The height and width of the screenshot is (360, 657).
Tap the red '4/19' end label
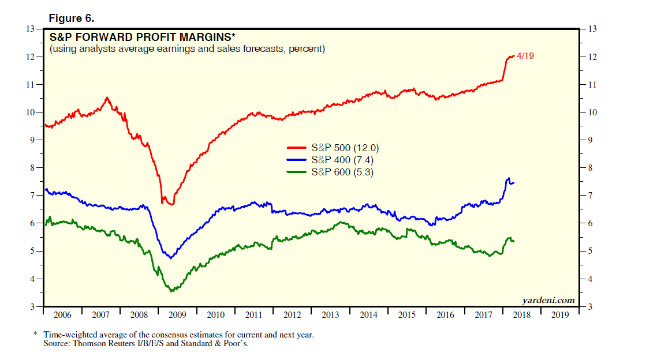pos(525,56)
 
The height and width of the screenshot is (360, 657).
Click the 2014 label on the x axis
pos(368,315)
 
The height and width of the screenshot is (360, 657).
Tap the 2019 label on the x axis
pos(559,315)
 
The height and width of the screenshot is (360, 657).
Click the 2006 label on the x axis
pos(63,315)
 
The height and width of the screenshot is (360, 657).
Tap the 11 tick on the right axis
pos(591,85)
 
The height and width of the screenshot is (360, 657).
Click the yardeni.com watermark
pos(548,299)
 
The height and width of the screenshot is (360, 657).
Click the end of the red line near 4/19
pos(513,56)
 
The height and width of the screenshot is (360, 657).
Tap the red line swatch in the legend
pos(297,148)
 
